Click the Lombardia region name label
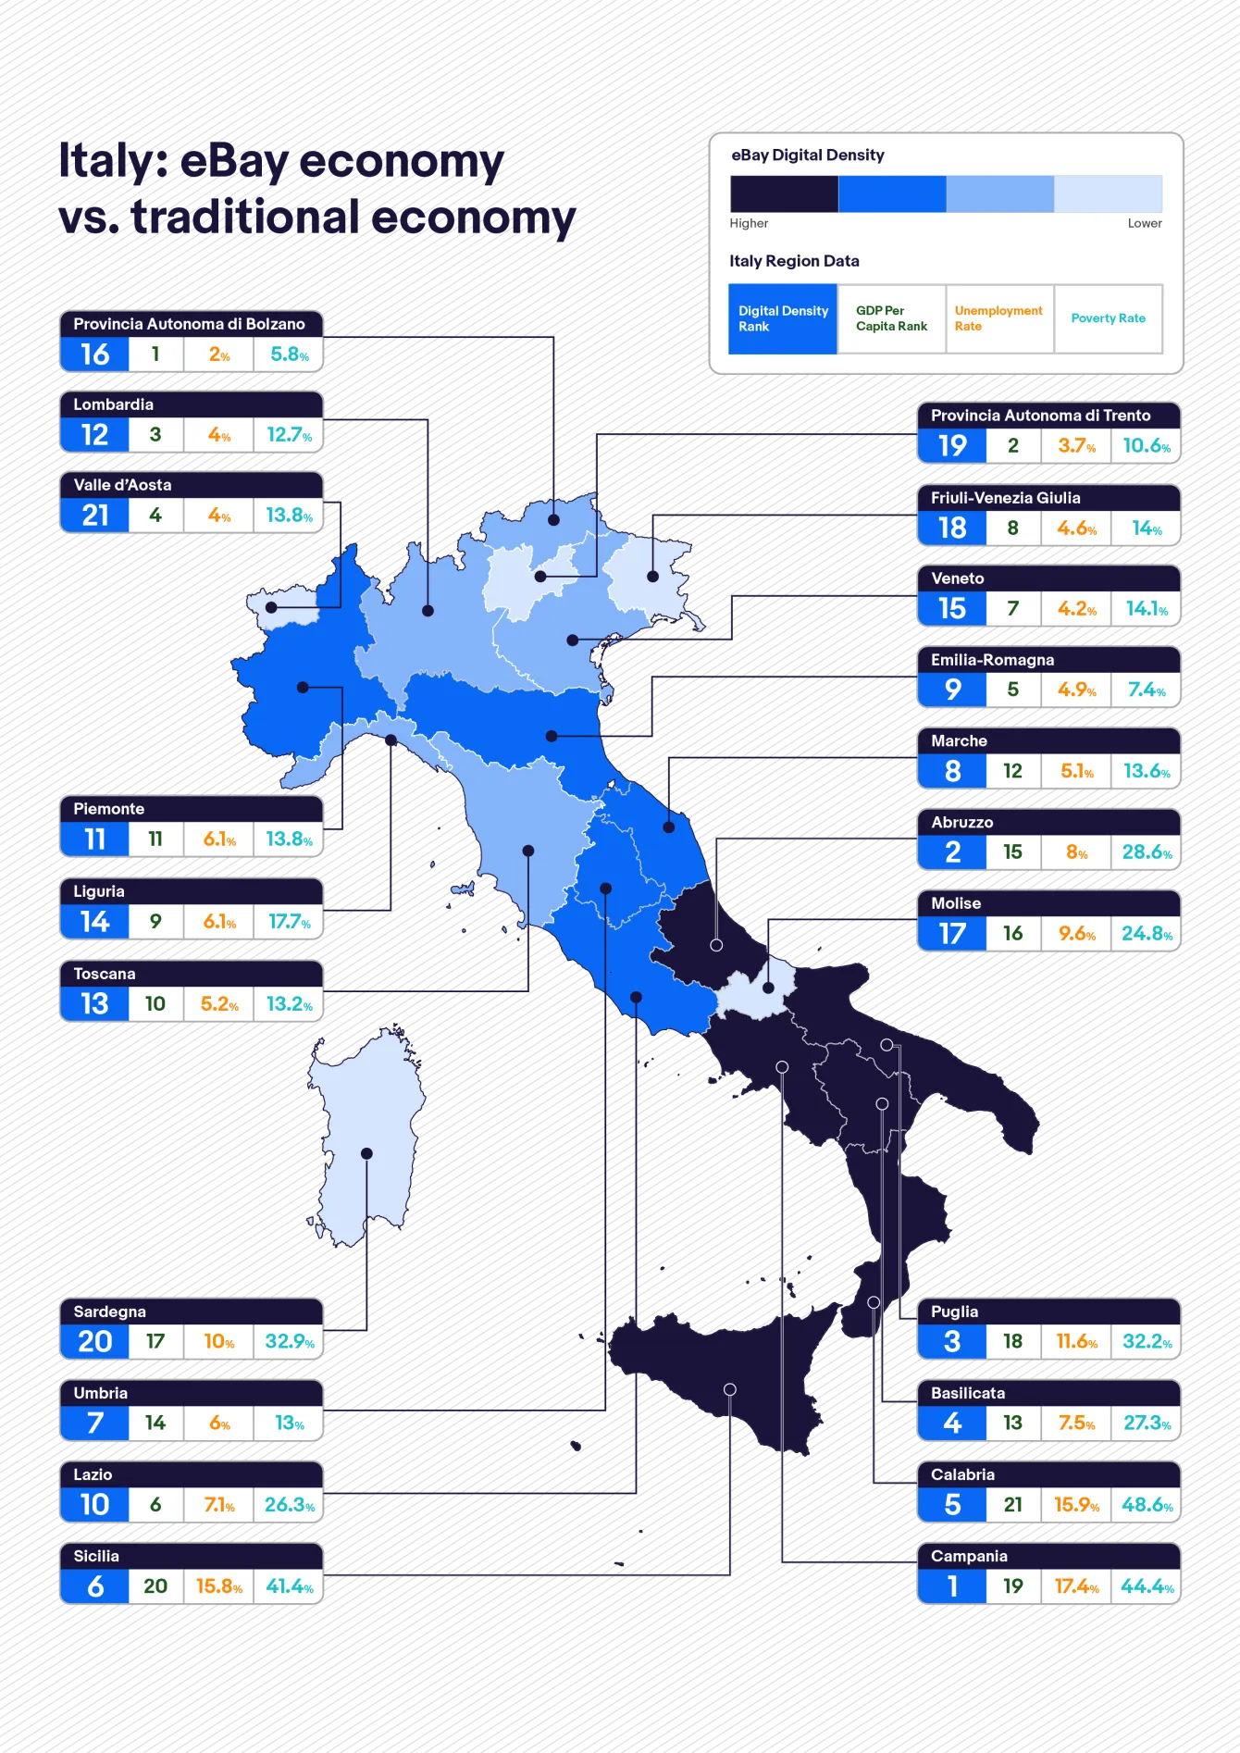point(114,404)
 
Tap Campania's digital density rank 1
point(952,1586)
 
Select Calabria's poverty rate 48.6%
point(1147,1505)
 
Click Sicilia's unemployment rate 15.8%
point(218,1586)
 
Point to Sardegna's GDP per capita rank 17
point(155,1342)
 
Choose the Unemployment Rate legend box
point(999,318)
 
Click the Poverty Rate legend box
point(1108,318)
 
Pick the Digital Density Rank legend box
point(783,318)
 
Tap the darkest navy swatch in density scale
point(784,194)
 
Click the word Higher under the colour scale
point(749,223)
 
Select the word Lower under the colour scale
point(1145,223)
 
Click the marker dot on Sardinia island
point(366,1153)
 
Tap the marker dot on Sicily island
point(730,1389)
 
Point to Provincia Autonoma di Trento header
point(1040,416)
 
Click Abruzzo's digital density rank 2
point(952,852)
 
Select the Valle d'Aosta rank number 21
point(95,516)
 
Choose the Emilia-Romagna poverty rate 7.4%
point(1147,690)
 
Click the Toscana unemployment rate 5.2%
point(219,1004)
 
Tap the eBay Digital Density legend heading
point(808,155)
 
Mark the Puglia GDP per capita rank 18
point(1012,1342)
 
